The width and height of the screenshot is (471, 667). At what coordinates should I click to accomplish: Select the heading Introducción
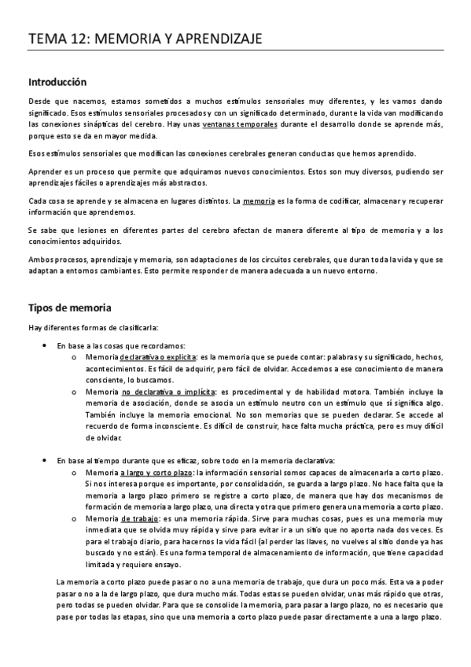[57, 82]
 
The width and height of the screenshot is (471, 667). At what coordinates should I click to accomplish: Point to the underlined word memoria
[259, 201]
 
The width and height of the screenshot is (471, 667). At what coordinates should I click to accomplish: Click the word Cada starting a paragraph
[38, 201]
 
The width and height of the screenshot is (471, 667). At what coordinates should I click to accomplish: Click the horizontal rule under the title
[235, 50]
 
